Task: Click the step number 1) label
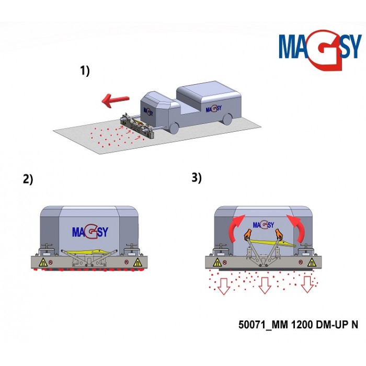point(85,72)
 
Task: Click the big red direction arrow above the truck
point(117,99)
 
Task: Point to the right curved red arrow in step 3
point(297,227)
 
